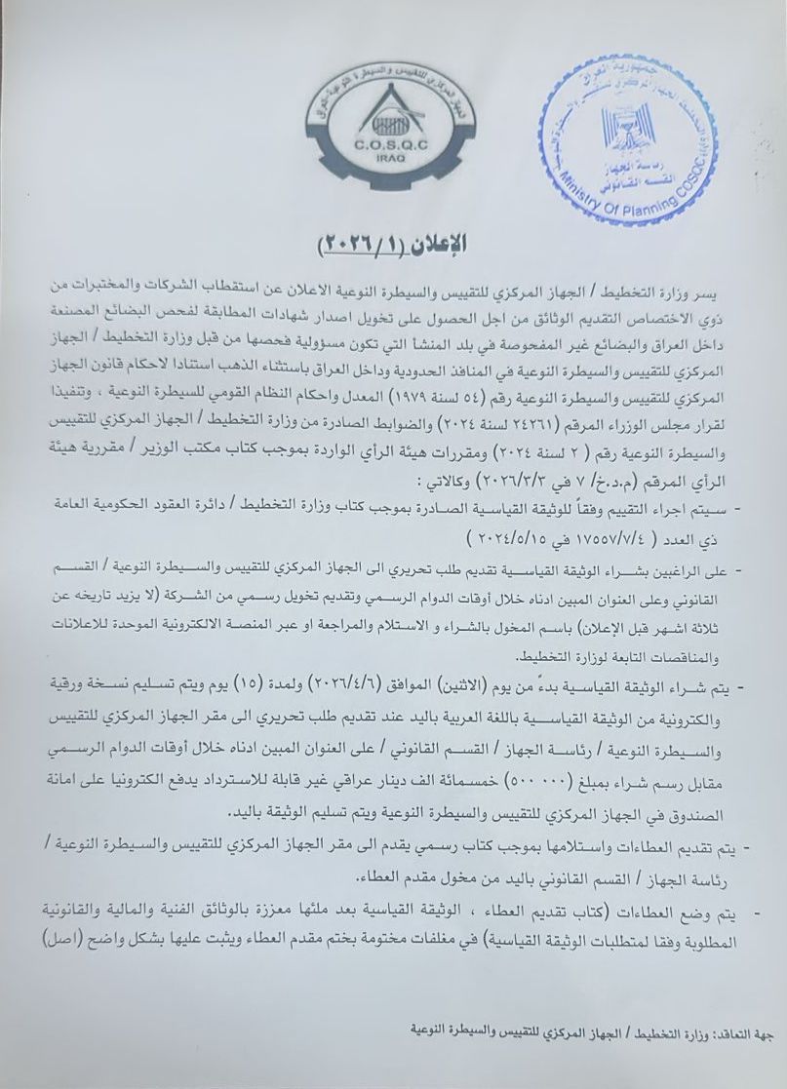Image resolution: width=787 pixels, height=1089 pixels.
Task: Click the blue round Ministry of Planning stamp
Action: point(628,150)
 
